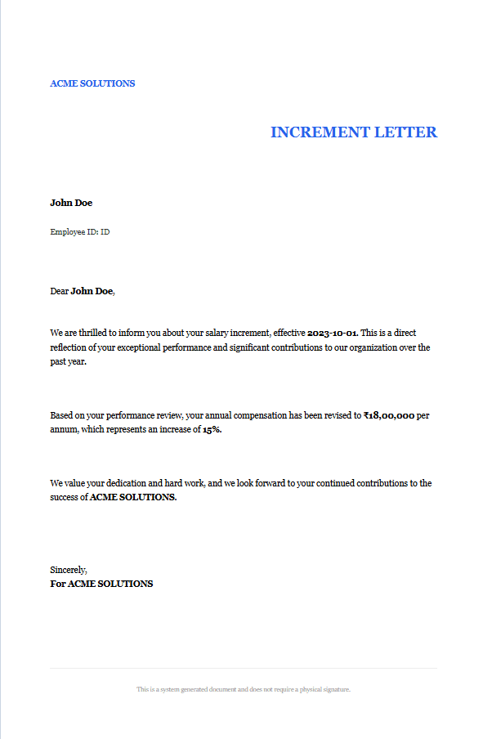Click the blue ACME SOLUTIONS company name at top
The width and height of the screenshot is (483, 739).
pos(92,83)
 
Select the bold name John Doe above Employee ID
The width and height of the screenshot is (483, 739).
pos(71,203)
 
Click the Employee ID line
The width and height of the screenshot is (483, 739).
pos(79,232)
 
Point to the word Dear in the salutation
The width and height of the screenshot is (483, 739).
pos(60,291)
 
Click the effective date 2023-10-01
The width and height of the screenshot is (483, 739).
pos(332,334)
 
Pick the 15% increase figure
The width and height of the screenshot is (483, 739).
pos(212,430)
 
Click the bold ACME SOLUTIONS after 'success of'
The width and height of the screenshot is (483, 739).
pos(132,497)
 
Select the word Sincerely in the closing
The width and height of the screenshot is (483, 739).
pos(68,570)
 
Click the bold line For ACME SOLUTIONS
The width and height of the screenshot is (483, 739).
pos(101,584)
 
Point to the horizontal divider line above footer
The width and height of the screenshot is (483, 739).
pos(244,669)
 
